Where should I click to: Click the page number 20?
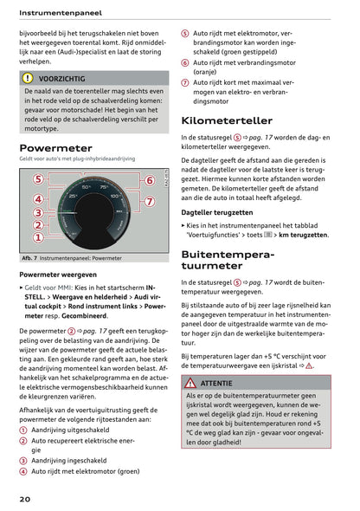tap(27, 499)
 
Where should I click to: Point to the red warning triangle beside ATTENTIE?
tap(190, 382)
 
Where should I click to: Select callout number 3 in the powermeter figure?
tap(37, 212)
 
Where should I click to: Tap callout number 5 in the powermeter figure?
tap(37, 179)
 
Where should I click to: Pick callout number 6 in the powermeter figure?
tap(149, 180)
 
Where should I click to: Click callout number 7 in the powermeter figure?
tap(149, 202)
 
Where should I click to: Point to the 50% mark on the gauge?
tap(86, 187)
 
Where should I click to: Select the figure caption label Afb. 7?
tap(33, 258)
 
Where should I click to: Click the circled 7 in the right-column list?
tap(185, 83)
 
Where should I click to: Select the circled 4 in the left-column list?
tap(23, 471)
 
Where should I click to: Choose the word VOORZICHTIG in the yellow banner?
tap(61, 78)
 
